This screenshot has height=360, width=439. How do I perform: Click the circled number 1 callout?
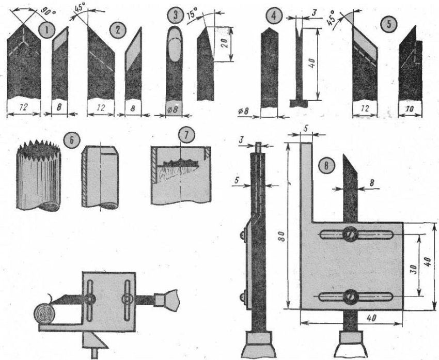(48, 30)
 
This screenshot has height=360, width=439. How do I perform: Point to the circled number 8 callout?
(325, 166)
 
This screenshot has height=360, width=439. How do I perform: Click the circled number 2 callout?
(118, 29)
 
